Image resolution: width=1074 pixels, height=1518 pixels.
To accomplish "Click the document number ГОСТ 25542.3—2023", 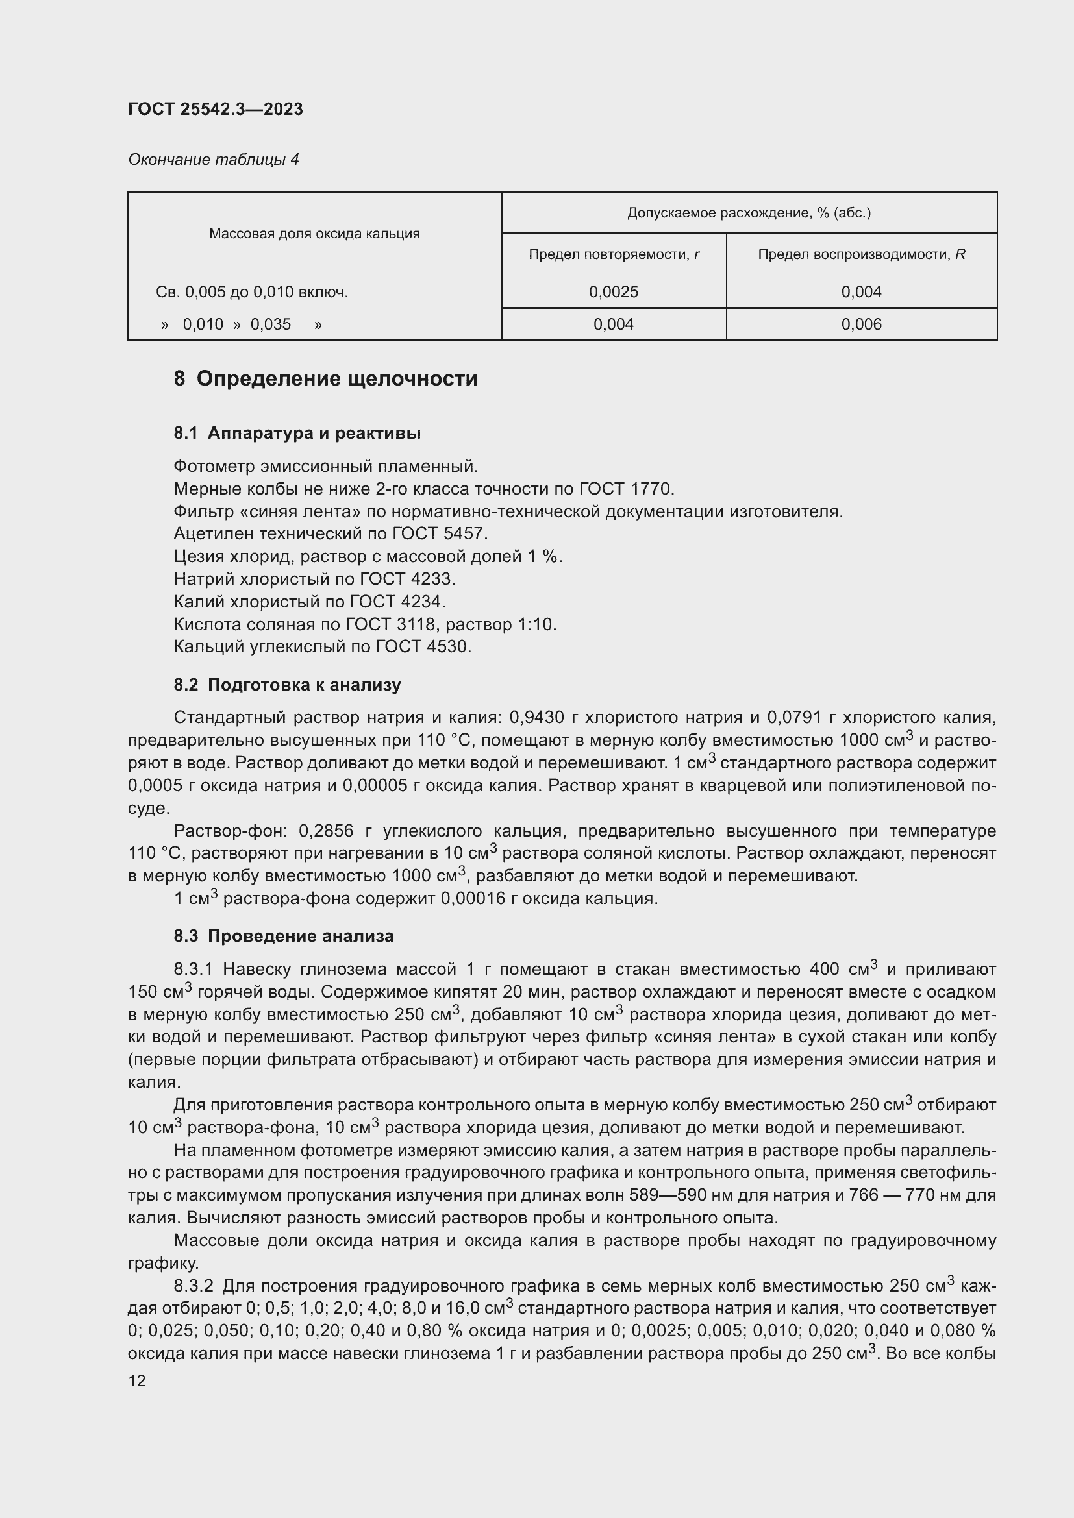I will click(x=215, y=109).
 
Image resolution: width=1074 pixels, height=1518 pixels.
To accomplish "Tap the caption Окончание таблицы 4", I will click(x=213, y=160).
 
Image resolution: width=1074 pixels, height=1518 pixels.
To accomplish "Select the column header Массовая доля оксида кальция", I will click(x=314, y=234).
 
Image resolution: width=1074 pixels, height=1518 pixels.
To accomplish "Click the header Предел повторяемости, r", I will click(x=613, y=254).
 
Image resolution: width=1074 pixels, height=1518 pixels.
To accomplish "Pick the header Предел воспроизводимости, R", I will click(x=861, y=254).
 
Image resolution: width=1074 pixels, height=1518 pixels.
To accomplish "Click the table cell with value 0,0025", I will click(x=613, y=292).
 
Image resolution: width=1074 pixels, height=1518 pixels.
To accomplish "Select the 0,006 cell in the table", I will click(x=861, y=324).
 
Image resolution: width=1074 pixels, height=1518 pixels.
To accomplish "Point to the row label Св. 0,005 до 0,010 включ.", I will click(x=252, y=292).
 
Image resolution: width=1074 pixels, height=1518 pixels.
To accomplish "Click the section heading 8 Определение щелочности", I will click(x=325, y=379).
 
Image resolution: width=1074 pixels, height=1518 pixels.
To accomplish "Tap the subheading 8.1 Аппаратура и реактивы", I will click(x=297, y=433).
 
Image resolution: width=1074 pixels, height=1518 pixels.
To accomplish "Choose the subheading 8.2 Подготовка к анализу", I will click(x=287, y=685).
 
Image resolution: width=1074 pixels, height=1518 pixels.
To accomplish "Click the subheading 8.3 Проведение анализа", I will click(x=283, y=937).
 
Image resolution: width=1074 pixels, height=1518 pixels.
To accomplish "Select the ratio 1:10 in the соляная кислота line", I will click(x=536, y=625).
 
